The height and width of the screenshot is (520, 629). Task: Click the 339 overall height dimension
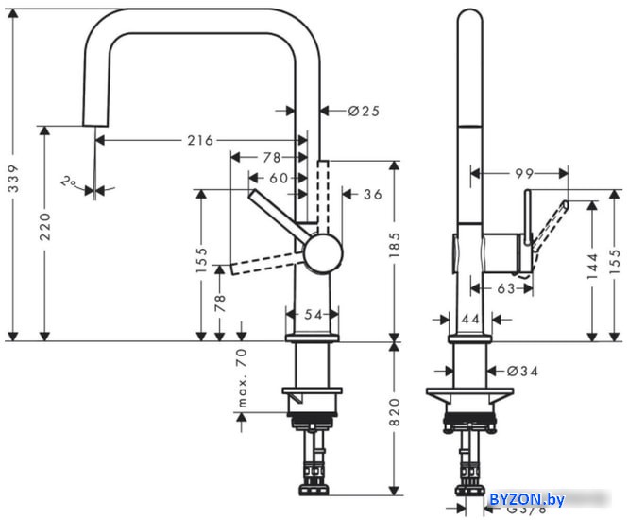click(x=13, y=178)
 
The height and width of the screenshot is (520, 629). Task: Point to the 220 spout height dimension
click(x=45, y=227)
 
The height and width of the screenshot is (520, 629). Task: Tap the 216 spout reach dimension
click(x=200, y=141)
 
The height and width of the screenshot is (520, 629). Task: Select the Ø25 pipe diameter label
click(x=364, y=111)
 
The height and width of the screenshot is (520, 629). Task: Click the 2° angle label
click(x=68, y=182)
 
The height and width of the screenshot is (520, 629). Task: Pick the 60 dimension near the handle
click(x=279, y=178)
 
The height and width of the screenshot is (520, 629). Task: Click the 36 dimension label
click(x=373, y=195)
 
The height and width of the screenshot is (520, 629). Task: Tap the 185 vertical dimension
click(x=395, y=245)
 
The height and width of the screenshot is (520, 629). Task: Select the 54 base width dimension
click(x=313, y=315)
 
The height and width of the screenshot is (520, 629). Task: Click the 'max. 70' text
click(x=243, y=378)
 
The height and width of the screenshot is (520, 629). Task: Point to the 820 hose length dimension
click(x=395, y=412)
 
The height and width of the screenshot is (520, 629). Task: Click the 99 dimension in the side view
click(x=524, y=173)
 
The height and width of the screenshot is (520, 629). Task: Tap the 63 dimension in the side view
click(x=506, y=288)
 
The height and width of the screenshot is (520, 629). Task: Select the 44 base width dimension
click(x=470, y=320)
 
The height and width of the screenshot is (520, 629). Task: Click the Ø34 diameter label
click(x=522, y=372)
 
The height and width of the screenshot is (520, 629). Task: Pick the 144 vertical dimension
click(x=592, y=266)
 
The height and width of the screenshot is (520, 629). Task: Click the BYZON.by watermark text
click(x=527, y=499)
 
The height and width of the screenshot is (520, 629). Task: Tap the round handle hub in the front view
click(x=323, y=253)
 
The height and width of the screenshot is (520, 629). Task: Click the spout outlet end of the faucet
click(x=95, y=125)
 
